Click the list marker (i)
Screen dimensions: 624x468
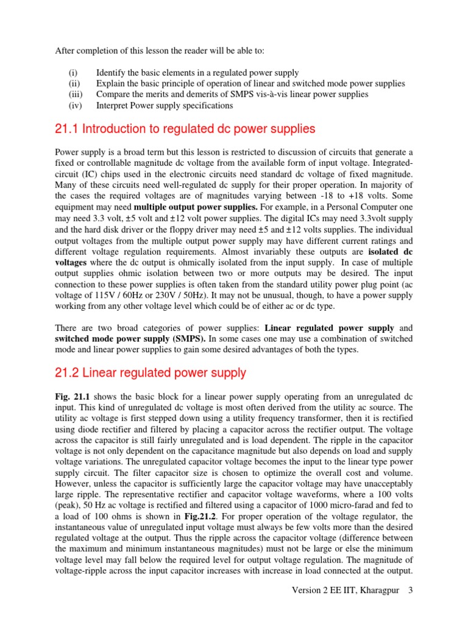72,73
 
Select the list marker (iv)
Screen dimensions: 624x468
74,105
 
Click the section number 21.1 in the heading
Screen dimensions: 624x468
66,129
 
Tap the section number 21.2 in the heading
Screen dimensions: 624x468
67,373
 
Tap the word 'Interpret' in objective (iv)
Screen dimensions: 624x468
113,105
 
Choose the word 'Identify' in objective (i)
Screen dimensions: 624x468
112,73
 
